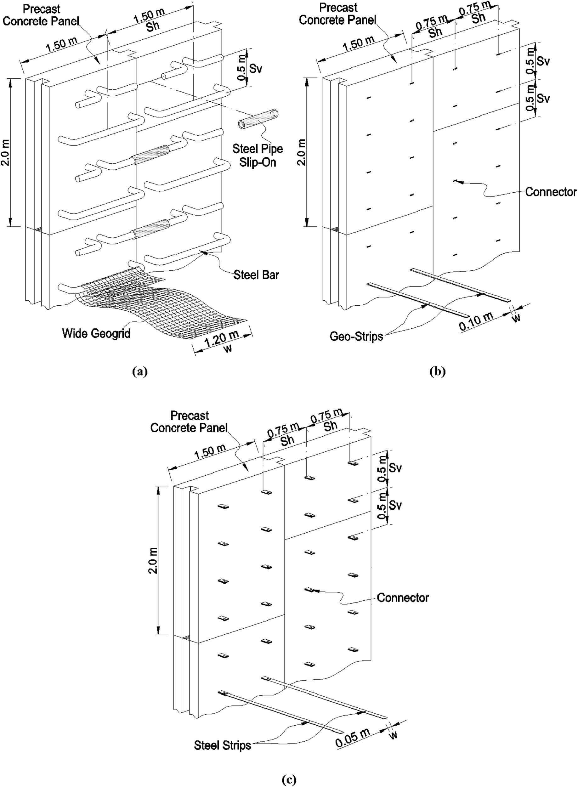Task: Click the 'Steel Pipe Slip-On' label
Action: click(x=258, y=155)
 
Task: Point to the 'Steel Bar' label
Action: click(x=256, y=275)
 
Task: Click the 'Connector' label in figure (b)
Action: click(x=551, y=192)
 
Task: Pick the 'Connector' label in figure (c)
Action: click(x=403, y=597)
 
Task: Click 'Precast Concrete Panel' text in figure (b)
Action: click(x=337, y=14)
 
